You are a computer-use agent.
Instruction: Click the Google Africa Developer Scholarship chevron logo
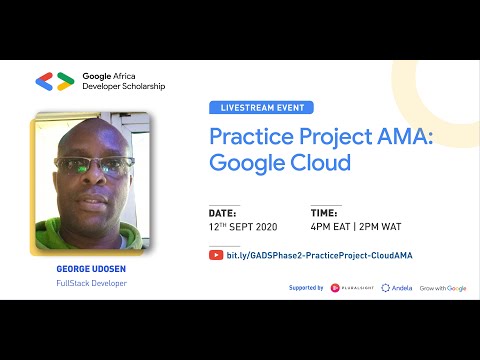(x=54, y=81)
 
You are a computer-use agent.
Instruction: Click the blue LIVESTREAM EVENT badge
(x=261, y=107)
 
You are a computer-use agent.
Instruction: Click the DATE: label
(x=222, y=213)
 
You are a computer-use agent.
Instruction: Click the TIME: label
(x=325, y=213)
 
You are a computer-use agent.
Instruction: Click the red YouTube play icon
(x=216, y=255)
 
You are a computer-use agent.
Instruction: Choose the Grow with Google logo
(x=443, y=288)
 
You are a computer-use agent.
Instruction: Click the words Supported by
(x=304, y=288)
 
